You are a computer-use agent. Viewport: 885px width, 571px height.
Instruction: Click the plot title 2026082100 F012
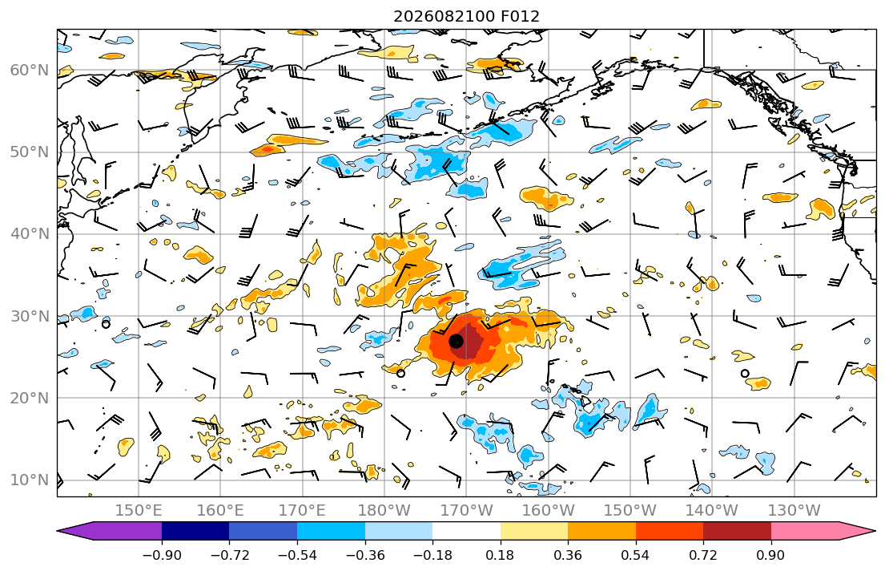pyautogui.click(x=466, y=16)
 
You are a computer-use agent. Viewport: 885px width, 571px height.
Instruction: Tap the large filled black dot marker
pyautogui.click(x=456, y=342)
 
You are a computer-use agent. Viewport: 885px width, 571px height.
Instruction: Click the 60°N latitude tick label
pyautogui.click(x=30, y=71)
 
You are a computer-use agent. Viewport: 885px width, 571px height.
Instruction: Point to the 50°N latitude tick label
pyautogui.click(x=30, y=152)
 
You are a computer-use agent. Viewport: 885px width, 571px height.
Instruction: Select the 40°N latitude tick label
pyautogui.click(x=30, y=234)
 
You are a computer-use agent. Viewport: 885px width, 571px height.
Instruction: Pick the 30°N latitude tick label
pyautogui.click(x=30, y=316)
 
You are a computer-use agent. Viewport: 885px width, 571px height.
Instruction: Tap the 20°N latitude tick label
pyautogui.click(x=30, y=398)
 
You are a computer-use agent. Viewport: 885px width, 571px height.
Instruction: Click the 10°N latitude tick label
pyautogui.click(x=30, y=480)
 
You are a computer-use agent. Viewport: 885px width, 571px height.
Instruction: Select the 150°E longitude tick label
pyautogui.click(x=139, y=511)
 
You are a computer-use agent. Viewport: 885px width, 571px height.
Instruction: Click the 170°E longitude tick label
pyautogui.click(x=302, y=511)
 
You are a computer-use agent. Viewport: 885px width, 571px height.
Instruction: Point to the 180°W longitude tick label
pyautogui.click(x=384, y=511)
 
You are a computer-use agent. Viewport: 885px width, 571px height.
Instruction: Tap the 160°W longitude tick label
pyautogui.click(x=548, y=511)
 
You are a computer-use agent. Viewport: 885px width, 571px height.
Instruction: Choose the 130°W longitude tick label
pyautogui.click(x=794, y=511)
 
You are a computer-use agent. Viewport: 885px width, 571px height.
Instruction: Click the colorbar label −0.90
pyautogui.click(x=162, y=555)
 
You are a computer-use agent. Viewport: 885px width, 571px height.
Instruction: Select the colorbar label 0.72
pyautogui.click(x=703, y=555)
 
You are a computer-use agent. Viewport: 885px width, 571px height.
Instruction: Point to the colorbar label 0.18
pyautogui.click(x=500, y=555)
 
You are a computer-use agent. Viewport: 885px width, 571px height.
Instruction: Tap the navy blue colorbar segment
pyautogui.click(x=195, y=531)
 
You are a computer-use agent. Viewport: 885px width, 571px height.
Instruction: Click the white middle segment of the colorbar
pyautogui.click(x=466, y=531)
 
